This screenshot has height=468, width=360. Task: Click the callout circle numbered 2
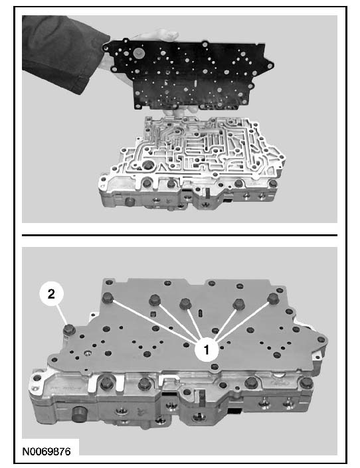pos(51,294)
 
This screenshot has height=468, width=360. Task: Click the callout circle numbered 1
pos(207,349)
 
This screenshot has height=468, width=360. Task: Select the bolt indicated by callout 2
pos(68,329)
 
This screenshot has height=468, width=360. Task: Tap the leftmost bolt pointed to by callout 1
pos(107,297)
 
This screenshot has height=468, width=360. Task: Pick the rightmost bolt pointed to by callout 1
pos(273,298)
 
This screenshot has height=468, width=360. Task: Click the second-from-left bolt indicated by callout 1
pos(155,299)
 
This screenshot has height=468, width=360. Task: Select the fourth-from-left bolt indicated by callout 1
pos(238,303)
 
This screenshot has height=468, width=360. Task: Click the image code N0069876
pos(46,451)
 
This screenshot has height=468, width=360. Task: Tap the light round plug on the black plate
pos(138,53)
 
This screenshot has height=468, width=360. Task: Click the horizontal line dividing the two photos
pos(179,235)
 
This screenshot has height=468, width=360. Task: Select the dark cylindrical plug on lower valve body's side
pos(78,414)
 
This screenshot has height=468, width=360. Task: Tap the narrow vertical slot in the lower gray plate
pos(201,314)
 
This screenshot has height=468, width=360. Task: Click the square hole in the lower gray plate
pos(153,314)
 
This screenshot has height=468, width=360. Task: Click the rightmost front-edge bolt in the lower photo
pos(306,383)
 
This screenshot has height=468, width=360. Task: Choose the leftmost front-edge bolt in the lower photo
pos(107,383)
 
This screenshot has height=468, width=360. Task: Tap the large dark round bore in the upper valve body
pos(148,165)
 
